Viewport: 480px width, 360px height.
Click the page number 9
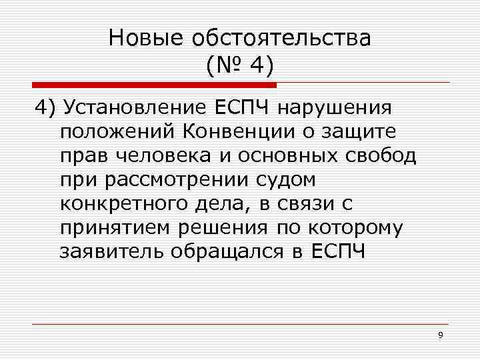click(441, 335)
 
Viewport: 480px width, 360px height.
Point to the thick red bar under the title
click(153, 85)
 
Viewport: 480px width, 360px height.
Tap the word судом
click(283, 180)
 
